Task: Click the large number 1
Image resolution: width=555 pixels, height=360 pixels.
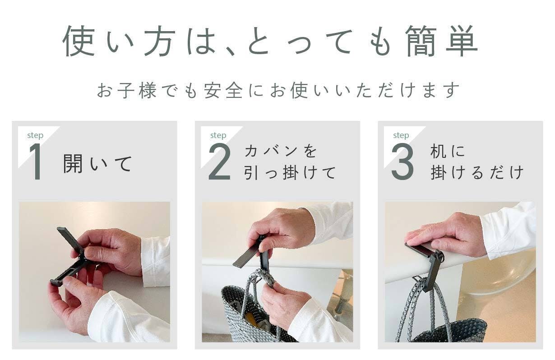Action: (36, 162)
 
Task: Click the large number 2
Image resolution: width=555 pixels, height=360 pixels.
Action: (220, 162)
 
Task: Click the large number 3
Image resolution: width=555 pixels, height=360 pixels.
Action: (402, 162)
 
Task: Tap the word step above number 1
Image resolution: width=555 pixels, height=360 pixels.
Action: (35, 135)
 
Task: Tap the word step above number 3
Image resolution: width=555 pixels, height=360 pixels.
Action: (401, 135)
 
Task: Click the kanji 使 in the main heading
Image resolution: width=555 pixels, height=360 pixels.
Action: (79, 41)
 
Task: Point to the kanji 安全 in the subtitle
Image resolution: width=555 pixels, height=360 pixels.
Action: (223, 90)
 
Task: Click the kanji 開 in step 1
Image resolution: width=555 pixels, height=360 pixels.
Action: (73, 163)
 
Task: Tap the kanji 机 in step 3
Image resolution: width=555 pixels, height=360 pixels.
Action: (439, 151)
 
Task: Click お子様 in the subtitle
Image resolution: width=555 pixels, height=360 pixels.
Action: (127, 90)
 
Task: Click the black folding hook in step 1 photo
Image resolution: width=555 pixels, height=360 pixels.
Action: (70, 258)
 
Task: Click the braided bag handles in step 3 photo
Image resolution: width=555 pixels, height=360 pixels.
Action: (421, 310)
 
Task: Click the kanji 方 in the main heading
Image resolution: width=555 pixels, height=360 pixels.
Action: (160, 41)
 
